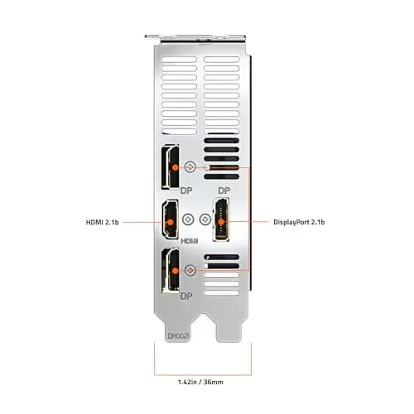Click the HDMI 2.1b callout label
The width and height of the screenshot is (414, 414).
click(x=103, y=222)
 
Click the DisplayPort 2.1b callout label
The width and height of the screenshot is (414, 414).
click(x=299, y=222)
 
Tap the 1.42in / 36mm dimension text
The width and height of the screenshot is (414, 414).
click(x=200, y=382)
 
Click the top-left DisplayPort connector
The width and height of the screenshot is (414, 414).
click(x=170, y=167)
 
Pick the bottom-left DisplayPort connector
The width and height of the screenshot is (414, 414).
click(x=170, y=270)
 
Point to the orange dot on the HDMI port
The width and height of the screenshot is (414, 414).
click(x=171, y=222)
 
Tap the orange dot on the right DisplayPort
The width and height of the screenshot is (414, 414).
click(x=221, y=222)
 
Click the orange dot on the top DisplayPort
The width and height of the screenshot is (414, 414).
click(x=176, y=167)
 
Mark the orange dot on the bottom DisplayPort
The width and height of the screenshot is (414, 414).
click(x=176, y=271)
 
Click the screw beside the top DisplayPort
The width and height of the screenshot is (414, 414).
click(x=190, y=167)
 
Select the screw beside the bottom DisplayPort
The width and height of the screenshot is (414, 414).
click(x=190, y=271)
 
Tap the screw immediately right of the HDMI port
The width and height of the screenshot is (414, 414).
click(x=188, y=219)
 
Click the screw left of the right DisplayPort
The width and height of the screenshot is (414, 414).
click(x=205, y=219)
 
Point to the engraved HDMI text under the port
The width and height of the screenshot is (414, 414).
click(x=190, y=241)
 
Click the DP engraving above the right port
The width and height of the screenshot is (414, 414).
click(x=224, y=190)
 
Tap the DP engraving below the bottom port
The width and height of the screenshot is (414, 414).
click(x=186, y=296)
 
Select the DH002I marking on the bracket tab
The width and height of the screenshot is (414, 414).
click(x=178, y=336)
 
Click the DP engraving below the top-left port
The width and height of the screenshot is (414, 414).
click(x=186, y=190)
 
